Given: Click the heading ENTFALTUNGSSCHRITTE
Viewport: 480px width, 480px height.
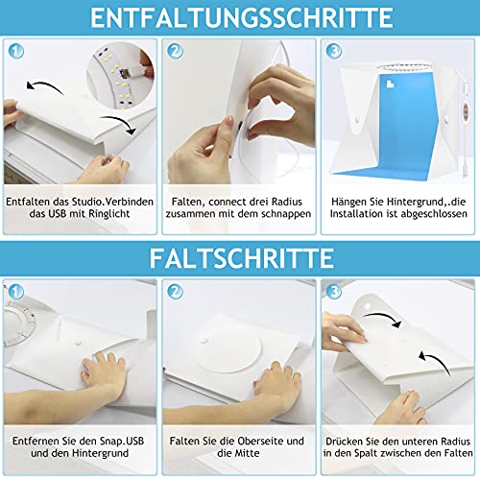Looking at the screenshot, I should tap(239, 17).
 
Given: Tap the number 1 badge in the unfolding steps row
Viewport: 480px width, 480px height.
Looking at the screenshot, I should tap(18, 50).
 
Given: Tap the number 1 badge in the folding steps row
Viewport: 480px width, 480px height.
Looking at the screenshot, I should tap(18, 290).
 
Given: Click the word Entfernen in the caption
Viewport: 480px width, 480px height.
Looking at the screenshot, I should tap(38, 442).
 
